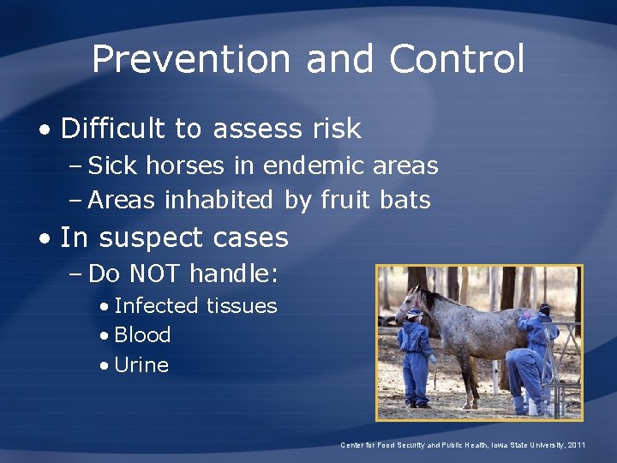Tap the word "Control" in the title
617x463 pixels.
click(456, 59)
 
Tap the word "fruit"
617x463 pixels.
click(344, 200)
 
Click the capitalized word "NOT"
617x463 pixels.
click(157, 274)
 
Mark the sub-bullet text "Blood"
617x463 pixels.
click(142, 334)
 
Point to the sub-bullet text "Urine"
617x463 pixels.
click(141, 364)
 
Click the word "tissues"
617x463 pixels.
click(243, 305)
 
